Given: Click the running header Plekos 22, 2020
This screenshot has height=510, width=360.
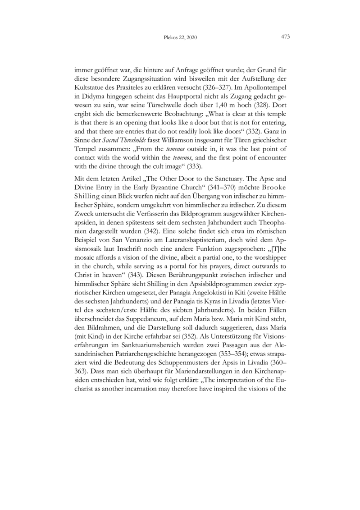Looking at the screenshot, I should click(x=180, y=38).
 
